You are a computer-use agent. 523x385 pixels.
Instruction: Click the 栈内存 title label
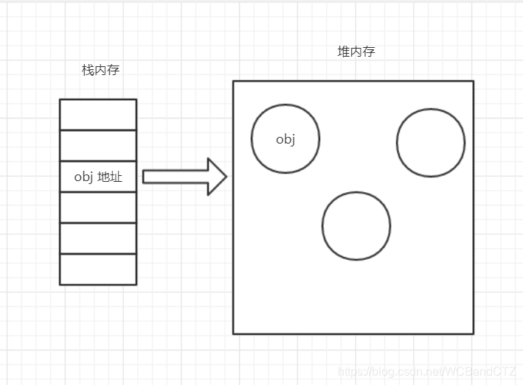point(100,71)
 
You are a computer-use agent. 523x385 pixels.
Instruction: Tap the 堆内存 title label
point(356,52)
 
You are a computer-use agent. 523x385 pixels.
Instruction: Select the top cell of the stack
point(98,114)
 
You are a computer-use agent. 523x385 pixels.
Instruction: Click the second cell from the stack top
point(98,145)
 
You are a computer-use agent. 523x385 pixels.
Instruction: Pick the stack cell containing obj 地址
point(98,177)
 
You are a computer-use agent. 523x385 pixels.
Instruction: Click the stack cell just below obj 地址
point(98,207)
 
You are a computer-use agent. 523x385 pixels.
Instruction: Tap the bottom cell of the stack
point(98,269)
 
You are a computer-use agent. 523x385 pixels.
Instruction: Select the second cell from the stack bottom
point(98,238)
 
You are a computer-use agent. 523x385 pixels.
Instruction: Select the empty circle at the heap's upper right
point(431,142)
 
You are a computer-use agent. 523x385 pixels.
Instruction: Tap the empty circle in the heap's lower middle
point(356,226)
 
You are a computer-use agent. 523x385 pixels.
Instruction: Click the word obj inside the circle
point(285,139)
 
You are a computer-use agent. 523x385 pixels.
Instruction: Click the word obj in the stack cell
point(83,177)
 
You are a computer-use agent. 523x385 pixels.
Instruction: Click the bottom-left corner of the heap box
point(234,333)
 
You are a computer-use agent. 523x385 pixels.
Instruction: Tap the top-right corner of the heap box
point(473,81)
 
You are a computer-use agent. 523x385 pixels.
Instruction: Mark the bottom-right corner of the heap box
point(473,333)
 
